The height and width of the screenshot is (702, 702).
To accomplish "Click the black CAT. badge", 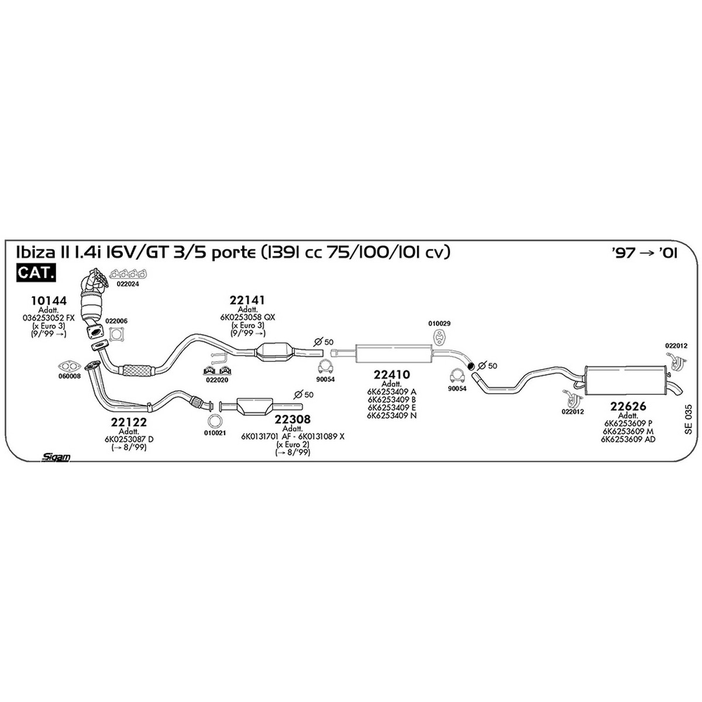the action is (36, 273).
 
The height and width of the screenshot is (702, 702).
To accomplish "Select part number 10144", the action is (49, 301).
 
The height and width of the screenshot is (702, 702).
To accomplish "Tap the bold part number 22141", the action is (247, 300).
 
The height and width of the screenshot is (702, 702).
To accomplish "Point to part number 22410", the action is (391, 374).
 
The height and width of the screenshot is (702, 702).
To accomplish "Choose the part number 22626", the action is (628, 406).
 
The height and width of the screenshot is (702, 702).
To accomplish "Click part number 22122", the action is (129, 422).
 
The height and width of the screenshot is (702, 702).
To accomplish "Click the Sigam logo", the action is (56, 457).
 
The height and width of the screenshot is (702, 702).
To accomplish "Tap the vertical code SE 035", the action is (688, 419).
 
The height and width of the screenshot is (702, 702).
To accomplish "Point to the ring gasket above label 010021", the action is (214, 421).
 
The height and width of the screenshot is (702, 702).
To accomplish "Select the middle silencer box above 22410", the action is (393, 354).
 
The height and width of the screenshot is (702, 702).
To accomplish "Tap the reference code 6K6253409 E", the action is (391, 407).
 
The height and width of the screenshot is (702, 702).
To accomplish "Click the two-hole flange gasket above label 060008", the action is (70, 366).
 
